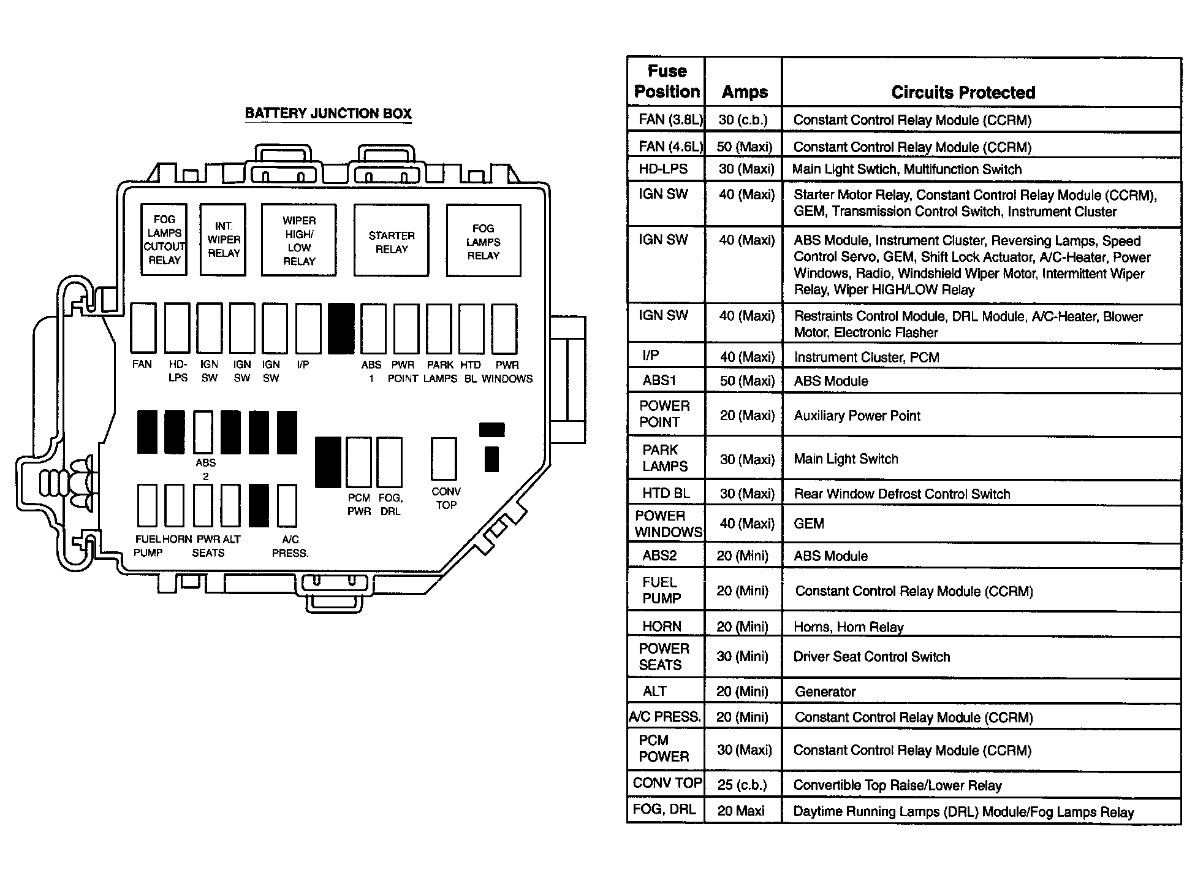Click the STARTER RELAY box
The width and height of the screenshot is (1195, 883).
point(391,240)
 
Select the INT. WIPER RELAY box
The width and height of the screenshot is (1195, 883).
point(223,240)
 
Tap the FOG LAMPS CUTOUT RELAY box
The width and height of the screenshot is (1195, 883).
point(164,240)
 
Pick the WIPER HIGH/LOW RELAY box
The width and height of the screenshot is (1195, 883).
point(299,240)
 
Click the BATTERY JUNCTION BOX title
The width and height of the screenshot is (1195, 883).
point(328,113)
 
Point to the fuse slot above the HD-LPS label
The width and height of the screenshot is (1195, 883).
point(177,328)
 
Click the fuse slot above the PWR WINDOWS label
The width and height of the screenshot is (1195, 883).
point(504,328)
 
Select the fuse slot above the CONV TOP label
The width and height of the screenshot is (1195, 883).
point(444,458)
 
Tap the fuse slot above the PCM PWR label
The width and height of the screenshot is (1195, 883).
point(358,462)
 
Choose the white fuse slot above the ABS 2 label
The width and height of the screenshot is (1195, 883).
point(203,432)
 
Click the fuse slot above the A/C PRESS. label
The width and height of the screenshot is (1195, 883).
point(287,506)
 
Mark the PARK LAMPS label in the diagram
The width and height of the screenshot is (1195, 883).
point(440,372)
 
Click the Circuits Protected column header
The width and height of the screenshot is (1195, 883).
point(963,93)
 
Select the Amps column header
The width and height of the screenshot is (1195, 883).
point(745,92)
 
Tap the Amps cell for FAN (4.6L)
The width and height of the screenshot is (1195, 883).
point(745,147)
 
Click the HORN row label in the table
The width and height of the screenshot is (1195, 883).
point(662,627)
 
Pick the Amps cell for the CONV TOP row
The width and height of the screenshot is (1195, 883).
point(742,785)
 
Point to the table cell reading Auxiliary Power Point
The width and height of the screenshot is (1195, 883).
point(857,416)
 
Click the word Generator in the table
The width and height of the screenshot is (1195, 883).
point(825,692)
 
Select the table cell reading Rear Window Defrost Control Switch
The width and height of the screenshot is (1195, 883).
point(901,494)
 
